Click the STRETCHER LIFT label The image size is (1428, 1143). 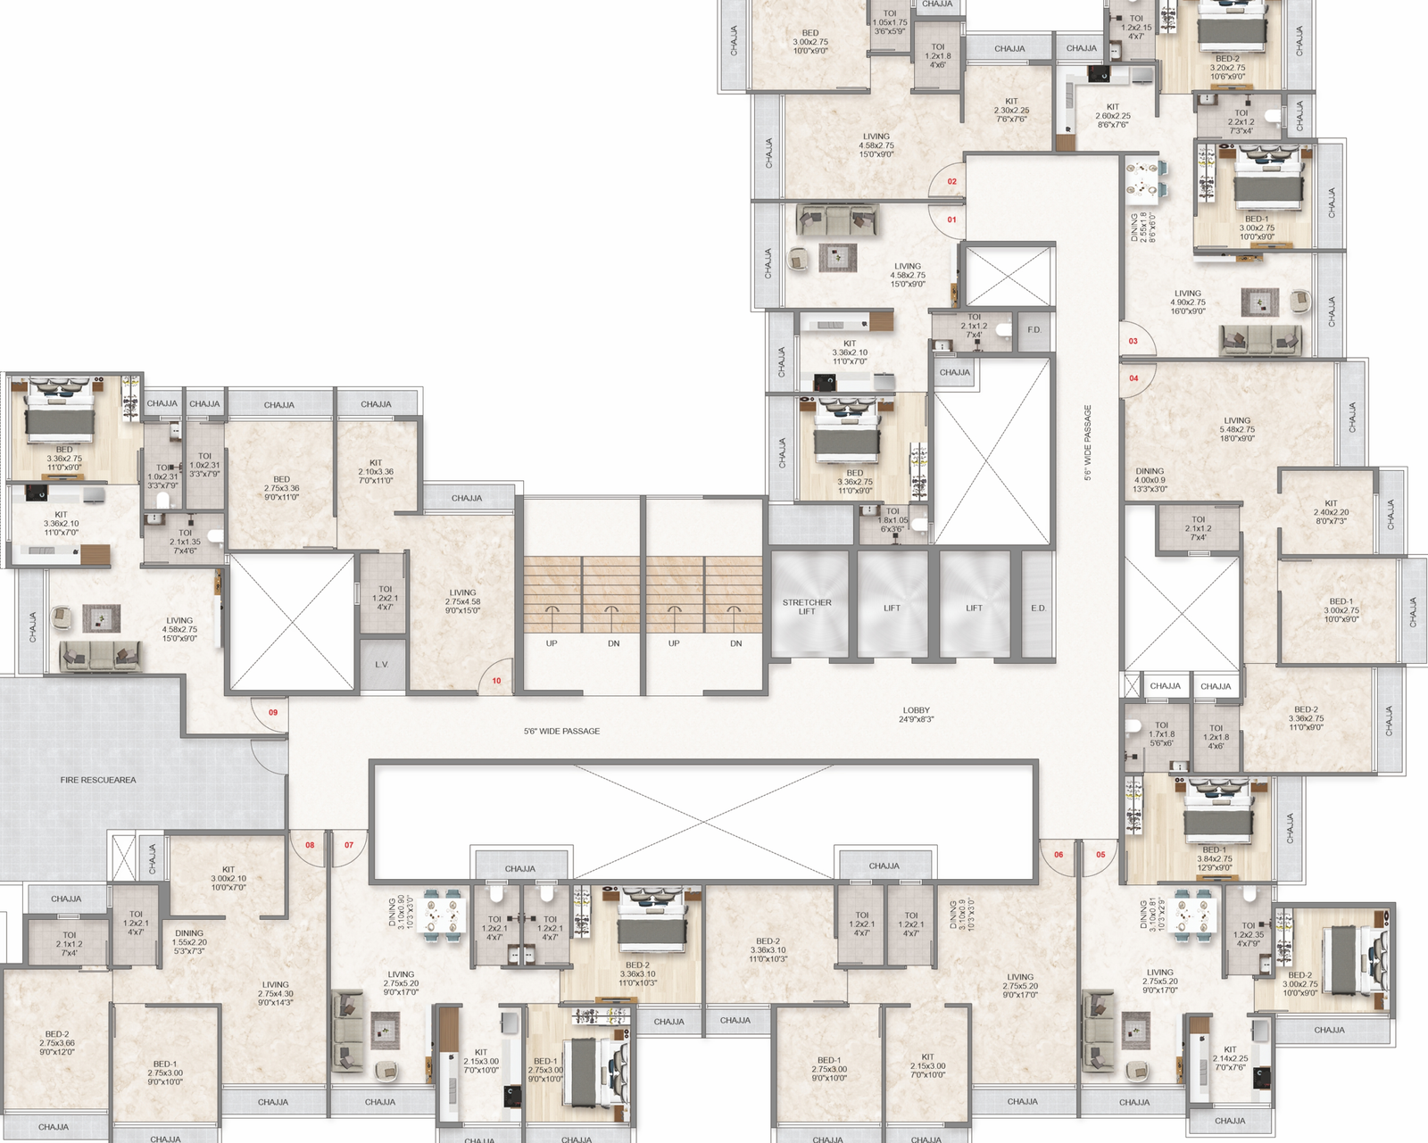point(807,607)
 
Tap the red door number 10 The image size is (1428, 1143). point(496,681)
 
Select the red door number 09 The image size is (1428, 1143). point(273,712)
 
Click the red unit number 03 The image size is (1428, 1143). point(1133,341)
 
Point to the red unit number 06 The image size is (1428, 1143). point(1059,854)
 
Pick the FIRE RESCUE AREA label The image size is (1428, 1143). point(98,780)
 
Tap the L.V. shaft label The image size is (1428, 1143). point(382,664)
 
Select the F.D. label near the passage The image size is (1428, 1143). point(1034,330)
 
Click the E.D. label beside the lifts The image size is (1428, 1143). point(1038,609)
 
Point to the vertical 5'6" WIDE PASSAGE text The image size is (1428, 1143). point(1088,443)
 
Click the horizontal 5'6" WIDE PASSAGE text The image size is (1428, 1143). point(561,731)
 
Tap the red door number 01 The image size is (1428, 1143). point(951,219)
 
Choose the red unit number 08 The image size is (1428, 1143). point(310,845)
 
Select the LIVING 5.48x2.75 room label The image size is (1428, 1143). point(1237,429)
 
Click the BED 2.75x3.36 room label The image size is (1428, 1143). point(281,488)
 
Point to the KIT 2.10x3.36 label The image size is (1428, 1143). point(376,471)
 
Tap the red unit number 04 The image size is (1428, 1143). point(1133,378)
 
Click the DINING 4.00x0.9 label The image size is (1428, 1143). point(1150,479)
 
